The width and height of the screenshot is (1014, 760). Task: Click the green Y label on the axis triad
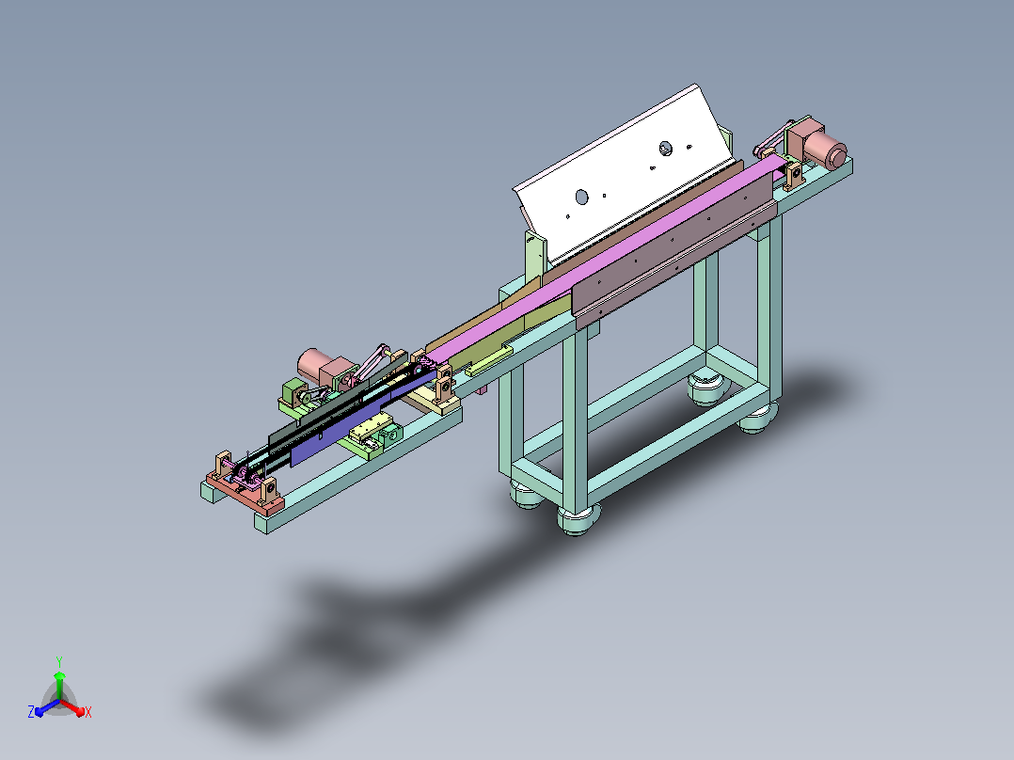point(59,661)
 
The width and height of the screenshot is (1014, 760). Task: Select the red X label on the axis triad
point(88,712)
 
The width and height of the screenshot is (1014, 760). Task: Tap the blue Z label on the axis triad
point(31,712)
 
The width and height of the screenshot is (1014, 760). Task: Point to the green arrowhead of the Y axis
point(59,676)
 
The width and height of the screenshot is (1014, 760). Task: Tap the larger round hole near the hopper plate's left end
point(581,197)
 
